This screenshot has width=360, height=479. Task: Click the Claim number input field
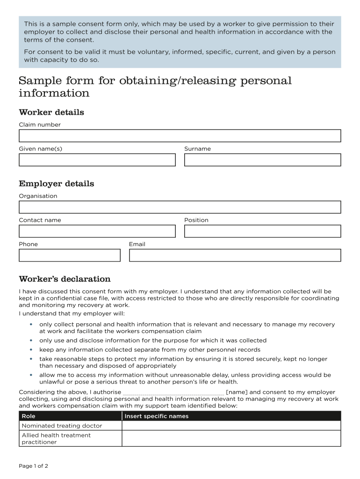[x=180, y=136]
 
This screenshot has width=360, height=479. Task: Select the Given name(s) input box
[x=97, y=160]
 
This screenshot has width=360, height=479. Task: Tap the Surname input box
[x=262, y=160]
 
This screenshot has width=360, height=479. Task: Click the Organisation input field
[x=180, y=207]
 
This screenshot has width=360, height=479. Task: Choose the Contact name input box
[x=97, y=231]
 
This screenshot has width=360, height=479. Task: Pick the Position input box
[x=262, y=231]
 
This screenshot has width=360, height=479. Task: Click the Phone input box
[x=69, y=255]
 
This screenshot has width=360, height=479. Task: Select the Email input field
[x=235, y=255]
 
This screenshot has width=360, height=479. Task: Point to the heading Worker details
[x=51, y=112]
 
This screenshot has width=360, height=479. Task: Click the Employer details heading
[x=56, y=183]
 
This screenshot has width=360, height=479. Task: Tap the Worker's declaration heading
[x=65, y=279]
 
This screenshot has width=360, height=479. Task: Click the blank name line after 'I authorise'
[x=173, y=392]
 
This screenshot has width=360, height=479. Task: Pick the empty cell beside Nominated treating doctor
[x=231, y=426]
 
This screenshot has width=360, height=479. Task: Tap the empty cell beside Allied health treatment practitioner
[x=231, y=438]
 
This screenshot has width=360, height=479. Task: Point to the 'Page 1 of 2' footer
[x=34, y=466]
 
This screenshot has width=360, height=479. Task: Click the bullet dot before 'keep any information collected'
[x=31, y=349]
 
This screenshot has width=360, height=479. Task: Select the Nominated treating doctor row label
[x=62, y=426]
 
